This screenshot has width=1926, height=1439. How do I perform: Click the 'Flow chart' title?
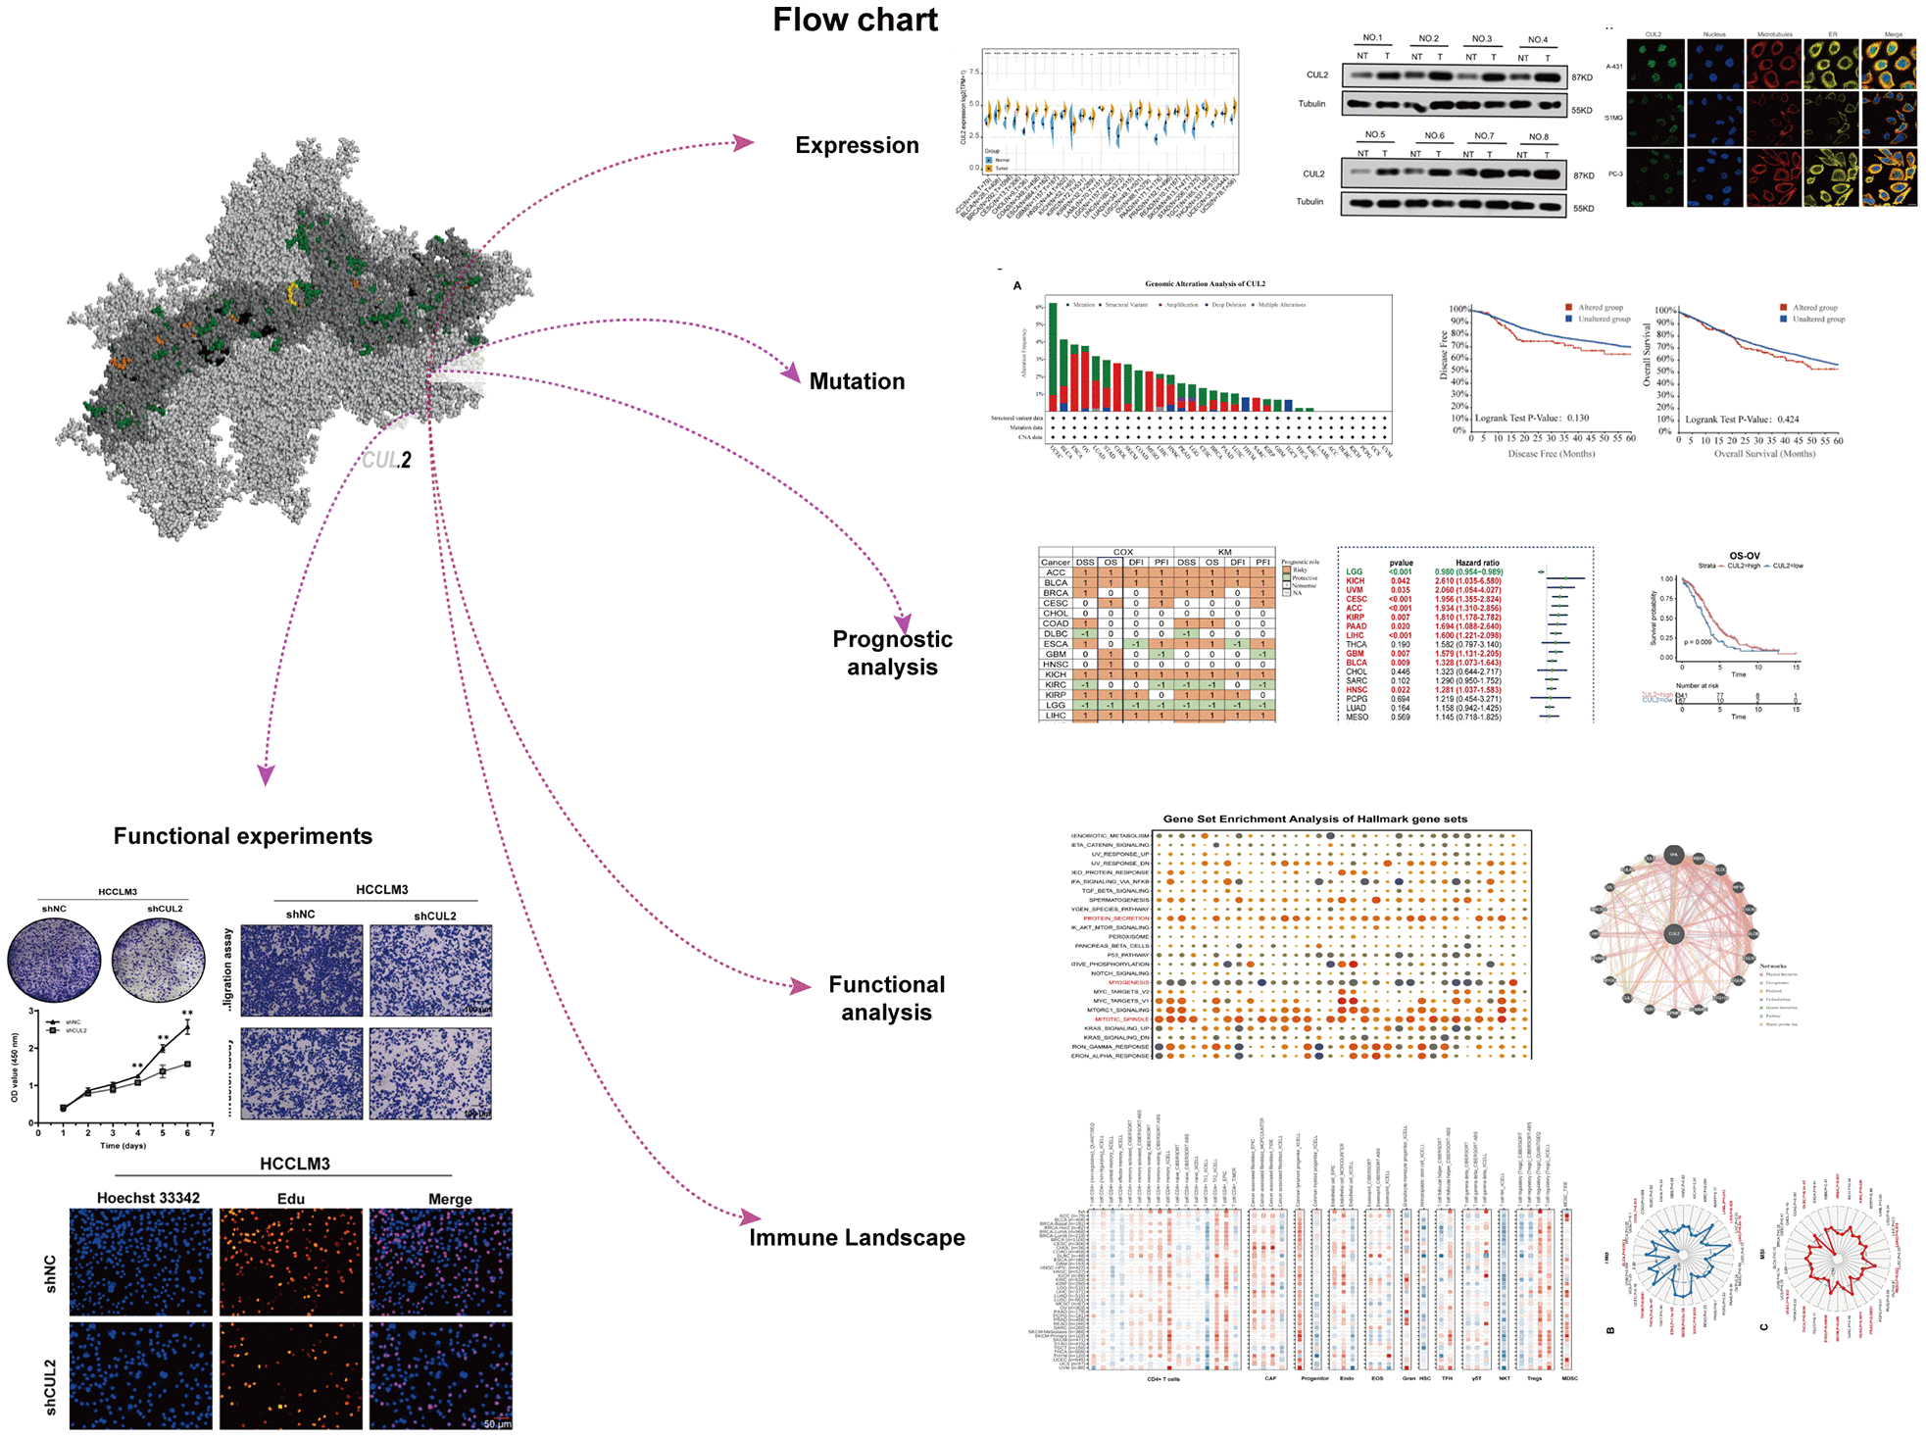[x=855, y=21]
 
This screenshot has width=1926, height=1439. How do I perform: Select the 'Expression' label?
[x=857, y=145]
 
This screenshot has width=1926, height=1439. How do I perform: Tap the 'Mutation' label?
[x=857, y=381]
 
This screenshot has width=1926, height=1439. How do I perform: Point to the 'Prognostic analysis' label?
[x=892, y=653]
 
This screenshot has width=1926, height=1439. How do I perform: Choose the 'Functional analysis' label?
[x=886, y=998]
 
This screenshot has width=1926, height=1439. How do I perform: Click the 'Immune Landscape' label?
[x=857, y=1237]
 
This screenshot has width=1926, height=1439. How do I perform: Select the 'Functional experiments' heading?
[x=242, y=836]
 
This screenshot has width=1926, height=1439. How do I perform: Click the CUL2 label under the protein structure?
[x=387, y=459]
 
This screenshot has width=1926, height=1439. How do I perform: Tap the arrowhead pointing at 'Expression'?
[x=745, y=143]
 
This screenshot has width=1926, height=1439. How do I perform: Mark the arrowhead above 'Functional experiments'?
[x=266, y=774]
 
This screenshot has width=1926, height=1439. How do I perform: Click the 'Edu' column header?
[x=290, y=1199]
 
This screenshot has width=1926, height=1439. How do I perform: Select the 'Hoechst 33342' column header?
[x=148, y=1198]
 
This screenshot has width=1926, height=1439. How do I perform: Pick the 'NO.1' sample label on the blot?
[x=1372, y=38]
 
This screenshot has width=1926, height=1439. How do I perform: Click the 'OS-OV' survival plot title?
[x=1744, y=556]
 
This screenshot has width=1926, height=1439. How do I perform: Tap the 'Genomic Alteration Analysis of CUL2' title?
[x=1205, y=284]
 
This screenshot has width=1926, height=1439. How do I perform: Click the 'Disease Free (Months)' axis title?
[x=1551, y=454]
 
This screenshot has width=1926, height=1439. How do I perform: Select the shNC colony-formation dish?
[x=54, y=961]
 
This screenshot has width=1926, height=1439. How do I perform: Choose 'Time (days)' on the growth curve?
[x=123, y=1145]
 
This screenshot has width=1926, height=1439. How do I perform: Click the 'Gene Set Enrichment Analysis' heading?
[x=1314, y=819]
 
